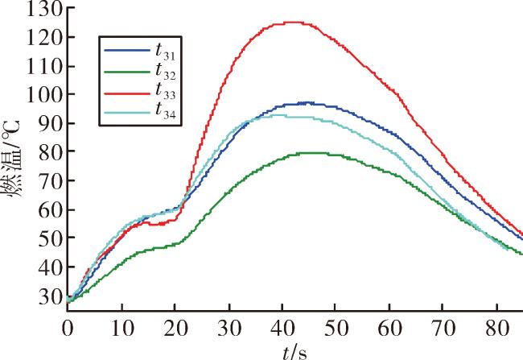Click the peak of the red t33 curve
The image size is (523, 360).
click(x=294, y=23)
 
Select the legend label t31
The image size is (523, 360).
click(x=165, y=51)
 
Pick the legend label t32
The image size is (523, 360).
click(x=165, y=71)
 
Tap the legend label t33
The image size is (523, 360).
click(x=165, y=91)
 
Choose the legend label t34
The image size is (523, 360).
click(x=165, y=110)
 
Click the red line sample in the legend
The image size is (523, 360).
click(x=127, y=93)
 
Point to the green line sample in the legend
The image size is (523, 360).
click(x=127, y=72)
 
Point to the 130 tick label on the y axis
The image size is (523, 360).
click(x=44, y=8)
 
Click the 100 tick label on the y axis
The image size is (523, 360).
click(x=44, y=94)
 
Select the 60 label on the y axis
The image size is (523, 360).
click(x=51, y=209)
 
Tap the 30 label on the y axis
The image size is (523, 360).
click(x=51, y=296)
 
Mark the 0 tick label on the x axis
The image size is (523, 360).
click(x=68, y=328)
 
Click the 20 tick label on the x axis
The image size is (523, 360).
click(x=175, y=328)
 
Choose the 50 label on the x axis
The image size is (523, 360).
click(x=336, y=328)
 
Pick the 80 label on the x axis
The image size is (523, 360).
click(x=497, y=328)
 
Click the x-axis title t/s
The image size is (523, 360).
click(x=294, y=352)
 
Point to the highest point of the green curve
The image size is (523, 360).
click(x=311, y=153)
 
